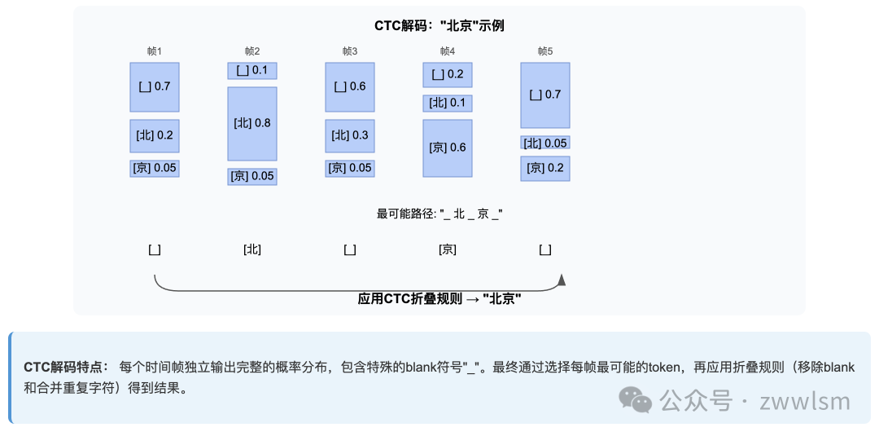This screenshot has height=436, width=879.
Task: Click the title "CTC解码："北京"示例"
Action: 439,25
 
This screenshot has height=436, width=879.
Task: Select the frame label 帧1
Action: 154,51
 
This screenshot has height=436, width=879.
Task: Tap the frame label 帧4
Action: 447,51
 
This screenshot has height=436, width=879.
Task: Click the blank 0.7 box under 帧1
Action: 154,86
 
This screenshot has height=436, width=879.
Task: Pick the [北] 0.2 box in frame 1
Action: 154,135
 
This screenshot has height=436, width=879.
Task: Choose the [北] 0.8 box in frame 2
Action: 251,123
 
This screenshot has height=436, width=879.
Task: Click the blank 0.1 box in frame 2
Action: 251,71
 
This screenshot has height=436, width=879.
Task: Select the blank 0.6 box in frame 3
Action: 349,86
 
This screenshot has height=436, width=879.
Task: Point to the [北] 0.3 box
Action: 349,135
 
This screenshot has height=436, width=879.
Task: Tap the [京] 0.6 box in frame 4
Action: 447,148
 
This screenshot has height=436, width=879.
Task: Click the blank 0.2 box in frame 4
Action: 447,75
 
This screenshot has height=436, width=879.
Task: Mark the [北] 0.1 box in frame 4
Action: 447,103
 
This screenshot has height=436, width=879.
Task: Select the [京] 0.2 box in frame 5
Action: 544,168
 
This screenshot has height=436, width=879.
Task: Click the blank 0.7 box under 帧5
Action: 544,95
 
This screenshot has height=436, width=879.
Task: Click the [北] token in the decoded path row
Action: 251,249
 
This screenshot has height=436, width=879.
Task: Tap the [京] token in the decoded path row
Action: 447,249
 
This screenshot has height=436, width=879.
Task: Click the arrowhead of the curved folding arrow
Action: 561,280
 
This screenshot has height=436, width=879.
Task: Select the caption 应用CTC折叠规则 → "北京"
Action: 439,299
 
